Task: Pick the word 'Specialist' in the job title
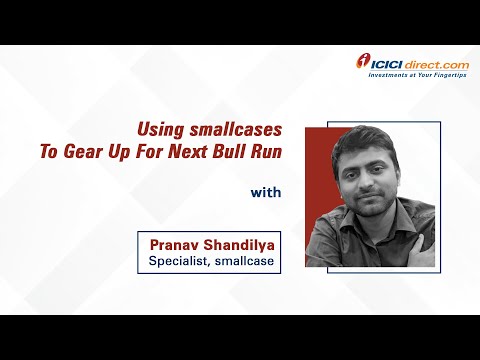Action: pos(176,263)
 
